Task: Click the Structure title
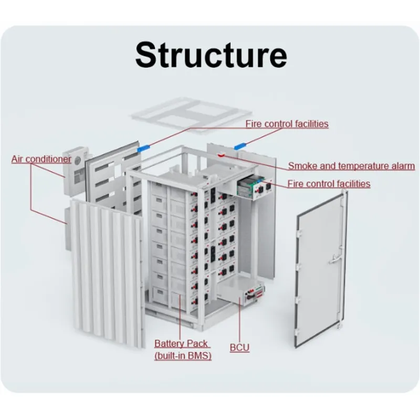(x=211, y=55)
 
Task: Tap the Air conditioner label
(x=41, y=159)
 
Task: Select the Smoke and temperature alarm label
(x=351, y=166)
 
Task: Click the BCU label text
(x=239, y=348)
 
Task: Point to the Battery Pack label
(x=181, y=343)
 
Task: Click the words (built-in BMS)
(x=183, y=356)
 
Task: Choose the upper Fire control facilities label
(x=287, y=124)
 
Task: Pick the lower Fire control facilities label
(x=329, y=184)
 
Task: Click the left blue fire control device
(x=143, y=148)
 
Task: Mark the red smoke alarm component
(x=221, y=155)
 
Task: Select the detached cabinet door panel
(x=321, y=269)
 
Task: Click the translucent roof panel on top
(x=192, y=113)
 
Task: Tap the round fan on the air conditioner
(x=78, y=161)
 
